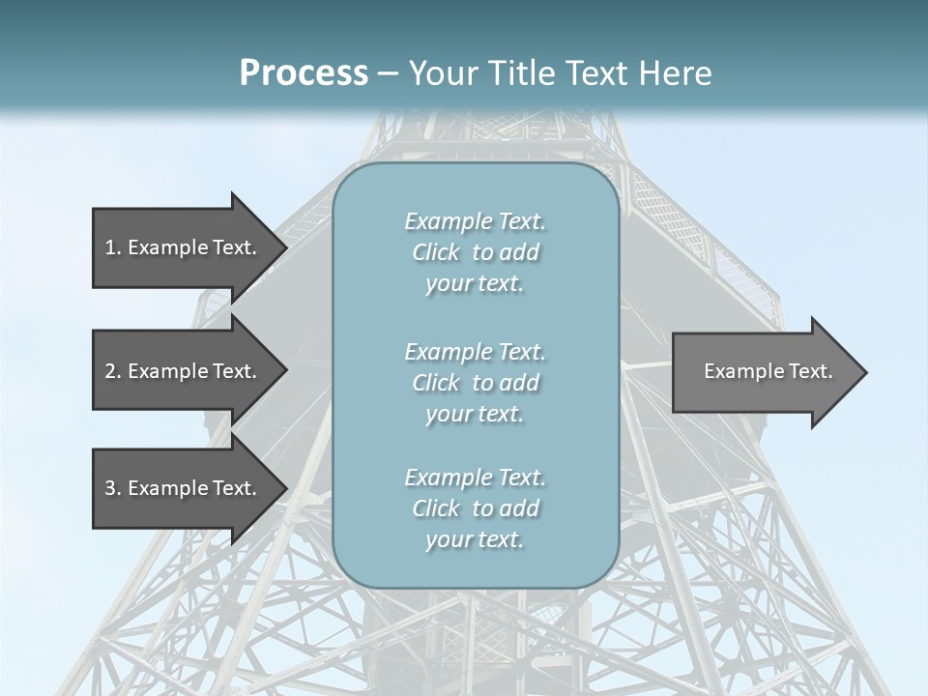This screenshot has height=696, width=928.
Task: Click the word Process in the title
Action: [x=304, y=73]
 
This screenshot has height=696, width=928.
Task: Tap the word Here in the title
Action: [x=678, y=73]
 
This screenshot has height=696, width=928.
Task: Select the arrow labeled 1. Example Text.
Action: [x=184, y=247]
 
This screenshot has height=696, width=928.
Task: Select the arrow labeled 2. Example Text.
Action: [x=184, y=371]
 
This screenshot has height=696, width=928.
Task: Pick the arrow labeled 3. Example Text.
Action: [x=184, y=488]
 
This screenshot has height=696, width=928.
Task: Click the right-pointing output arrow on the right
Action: [x=764, y=371]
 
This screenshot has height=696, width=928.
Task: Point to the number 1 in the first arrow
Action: [x=110, y=247]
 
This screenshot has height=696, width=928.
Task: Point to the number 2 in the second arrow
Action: [x=110, y=371]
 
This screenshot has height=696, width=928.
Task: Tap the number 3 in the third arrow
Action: [x=110, y=488]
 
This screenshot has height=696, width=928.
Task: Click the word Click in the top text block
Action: [x=436, y=253]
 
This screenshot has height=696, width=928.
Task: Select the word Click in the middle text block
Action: [x=436, y=384]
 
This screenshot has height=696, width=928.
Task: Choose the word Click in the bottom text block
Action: [x=436, y=508]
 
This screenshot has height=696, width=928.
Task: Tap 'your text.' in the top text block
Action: [x=475, y=284]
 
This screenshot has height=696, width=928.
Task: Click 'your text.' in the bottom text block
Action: [x=475, y=539]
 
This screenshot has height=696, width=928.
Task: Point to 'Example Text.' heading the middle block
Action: [x=475, y=352]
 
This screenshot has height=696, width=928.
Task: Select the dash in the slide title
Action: [x=388, y=73]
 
